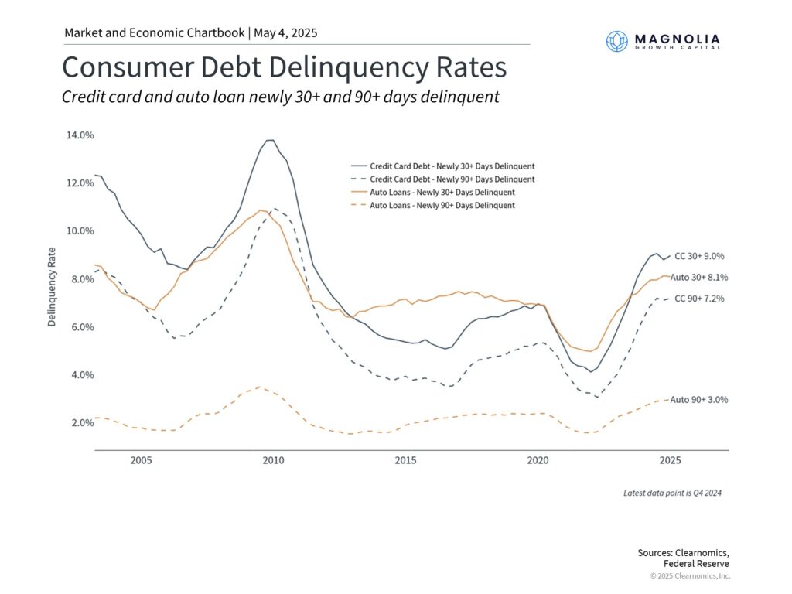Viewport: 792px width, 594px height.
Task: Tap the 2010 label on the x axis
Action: (x=273, y=461)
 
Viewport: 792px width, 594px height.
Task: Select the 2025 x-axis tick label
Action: (x=670, y=461)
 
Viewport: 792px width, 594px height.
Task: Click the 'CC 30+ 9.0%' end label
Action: (x=699, y=256)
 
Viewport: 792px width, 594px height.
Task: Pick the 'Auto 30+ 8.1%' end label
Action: (x=698, y=277)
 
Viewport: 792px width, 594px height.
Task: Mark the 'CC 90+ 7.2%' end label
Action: (x=699, y=299)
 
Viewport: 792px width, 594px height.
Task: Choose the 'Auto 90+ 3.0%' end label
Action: (x=698, y=400)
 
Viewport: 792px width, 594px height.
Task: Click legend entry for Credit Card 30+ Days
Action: (x=452, y=166)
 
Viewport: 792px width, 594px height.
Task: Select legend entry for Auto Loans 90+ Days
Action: (x=442, y=206)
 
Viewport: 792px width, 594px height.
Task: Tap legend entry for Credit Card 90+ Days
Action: (x=452, y=179)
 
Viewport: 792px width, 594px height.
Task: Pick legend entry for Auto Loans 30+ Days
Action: (x=442, y=193)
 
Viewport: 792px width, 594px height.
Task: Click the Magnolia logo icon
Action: (x=617, y=41)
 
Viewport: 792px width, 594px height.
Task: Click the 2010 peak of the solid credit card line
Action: (x=269, y=140)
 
